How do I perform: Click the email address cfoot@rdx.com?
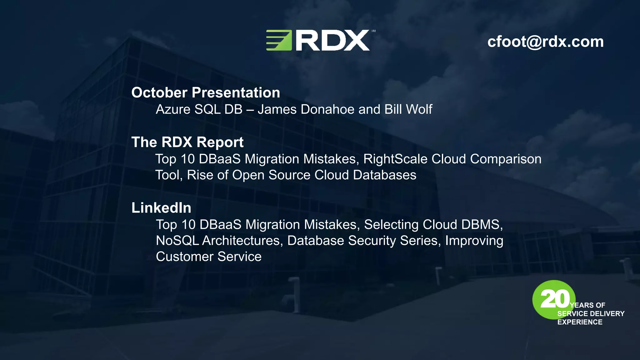click(545, 42)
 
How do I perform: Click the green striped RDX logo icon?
click(279, 40)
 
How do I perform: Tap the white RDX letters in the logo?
click(332, 41)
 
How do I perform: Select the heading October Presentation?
click(205, 92)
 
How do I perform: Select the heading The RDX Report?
click(187, 142)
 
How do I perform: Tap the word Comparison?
click(506, 159)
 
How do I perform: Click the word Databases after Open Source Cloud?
click(385, 175)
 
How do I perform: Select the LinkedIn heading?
click(161, 208)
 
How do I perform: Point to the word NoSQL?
click(177, 241)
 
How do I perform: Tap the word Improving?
click(474, 241)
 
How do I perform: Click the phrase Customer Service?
click(208, 257)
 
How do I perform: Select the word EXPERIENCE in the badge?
click(580, 322)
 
